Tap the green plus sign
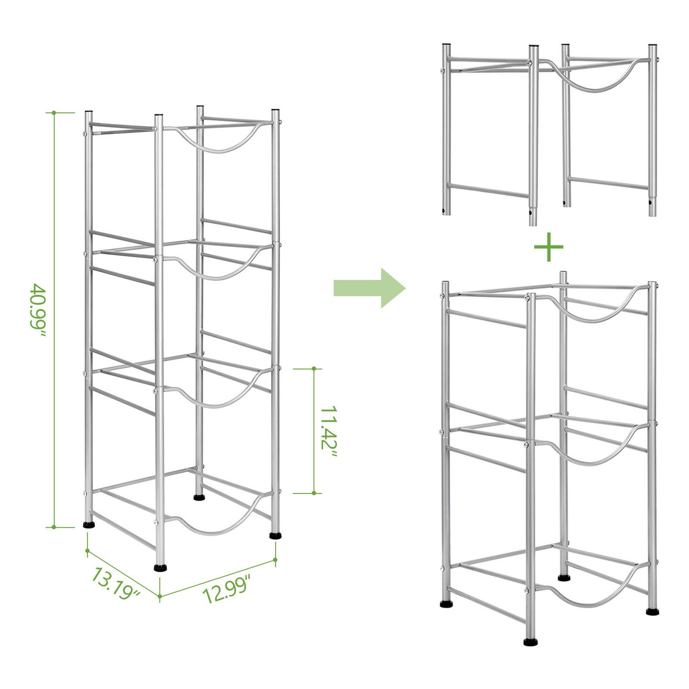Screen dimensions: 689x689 (x=548, y=247)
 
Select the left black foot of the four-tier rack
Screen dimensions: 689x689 (x=89, y=525)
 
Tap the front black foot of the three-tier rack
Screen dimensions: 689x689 (x=530, y=642)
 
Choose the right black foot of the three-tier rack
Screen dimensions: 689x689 (x=652, y=611)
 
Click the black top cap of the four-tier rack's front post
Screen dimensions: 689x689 (x=158, y=115)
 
